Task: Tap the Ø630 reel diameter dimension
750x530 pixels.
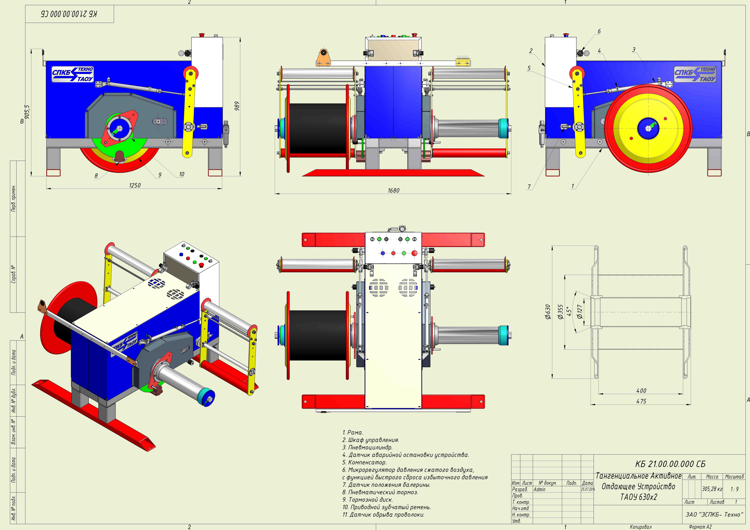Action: pyautogui.click(x=548, y=312)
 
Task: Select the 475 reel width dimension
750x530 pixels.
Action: pyautogui.click(x=641, y=401)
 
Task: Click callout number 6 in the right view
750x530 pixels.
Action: pyautogui.click(x=599, y=31)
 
